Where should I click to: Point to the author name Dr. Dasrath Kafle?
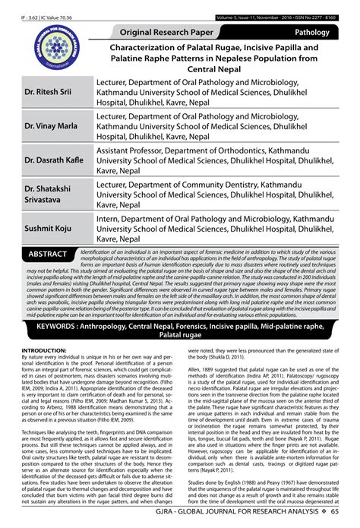(x=53, y=161)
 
